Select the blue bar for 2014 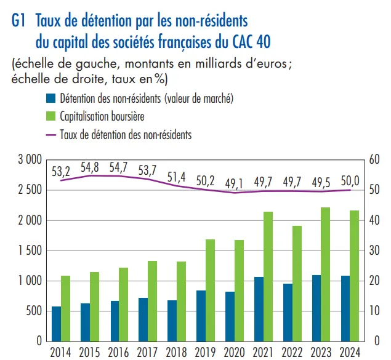(56, 324)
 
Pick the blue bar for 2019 (201, 316)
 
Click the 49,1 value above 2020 (235, 183)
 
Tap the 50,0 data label (350, 180)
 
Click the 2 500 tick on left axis (28, 190)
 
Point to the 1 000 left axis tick (28, 281)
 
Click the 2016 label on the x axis (119, 353)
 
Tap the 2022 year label (292, 353)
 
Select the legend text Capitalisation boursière (102, 116)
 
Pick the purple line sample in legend (50, 134)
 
